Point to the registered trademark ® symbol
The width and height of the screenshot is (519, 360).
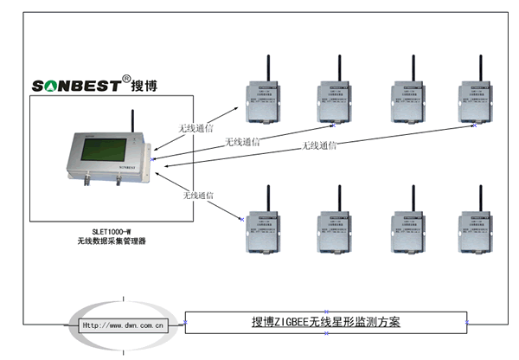(x=126, y=78)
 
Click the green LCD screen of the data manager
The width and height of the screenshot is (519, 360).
(x=102, y=155)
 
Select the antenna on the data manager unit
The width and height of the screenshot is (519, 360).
(x=132, y=121)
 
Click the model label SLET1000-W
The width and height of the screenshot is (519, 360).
(x=104, y=231)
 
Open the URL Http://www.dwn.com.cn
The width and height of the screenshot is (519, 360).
(x=123, y=325)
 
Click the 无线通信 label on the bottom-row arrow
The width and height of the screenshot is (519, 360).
(x=199, y=196)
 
